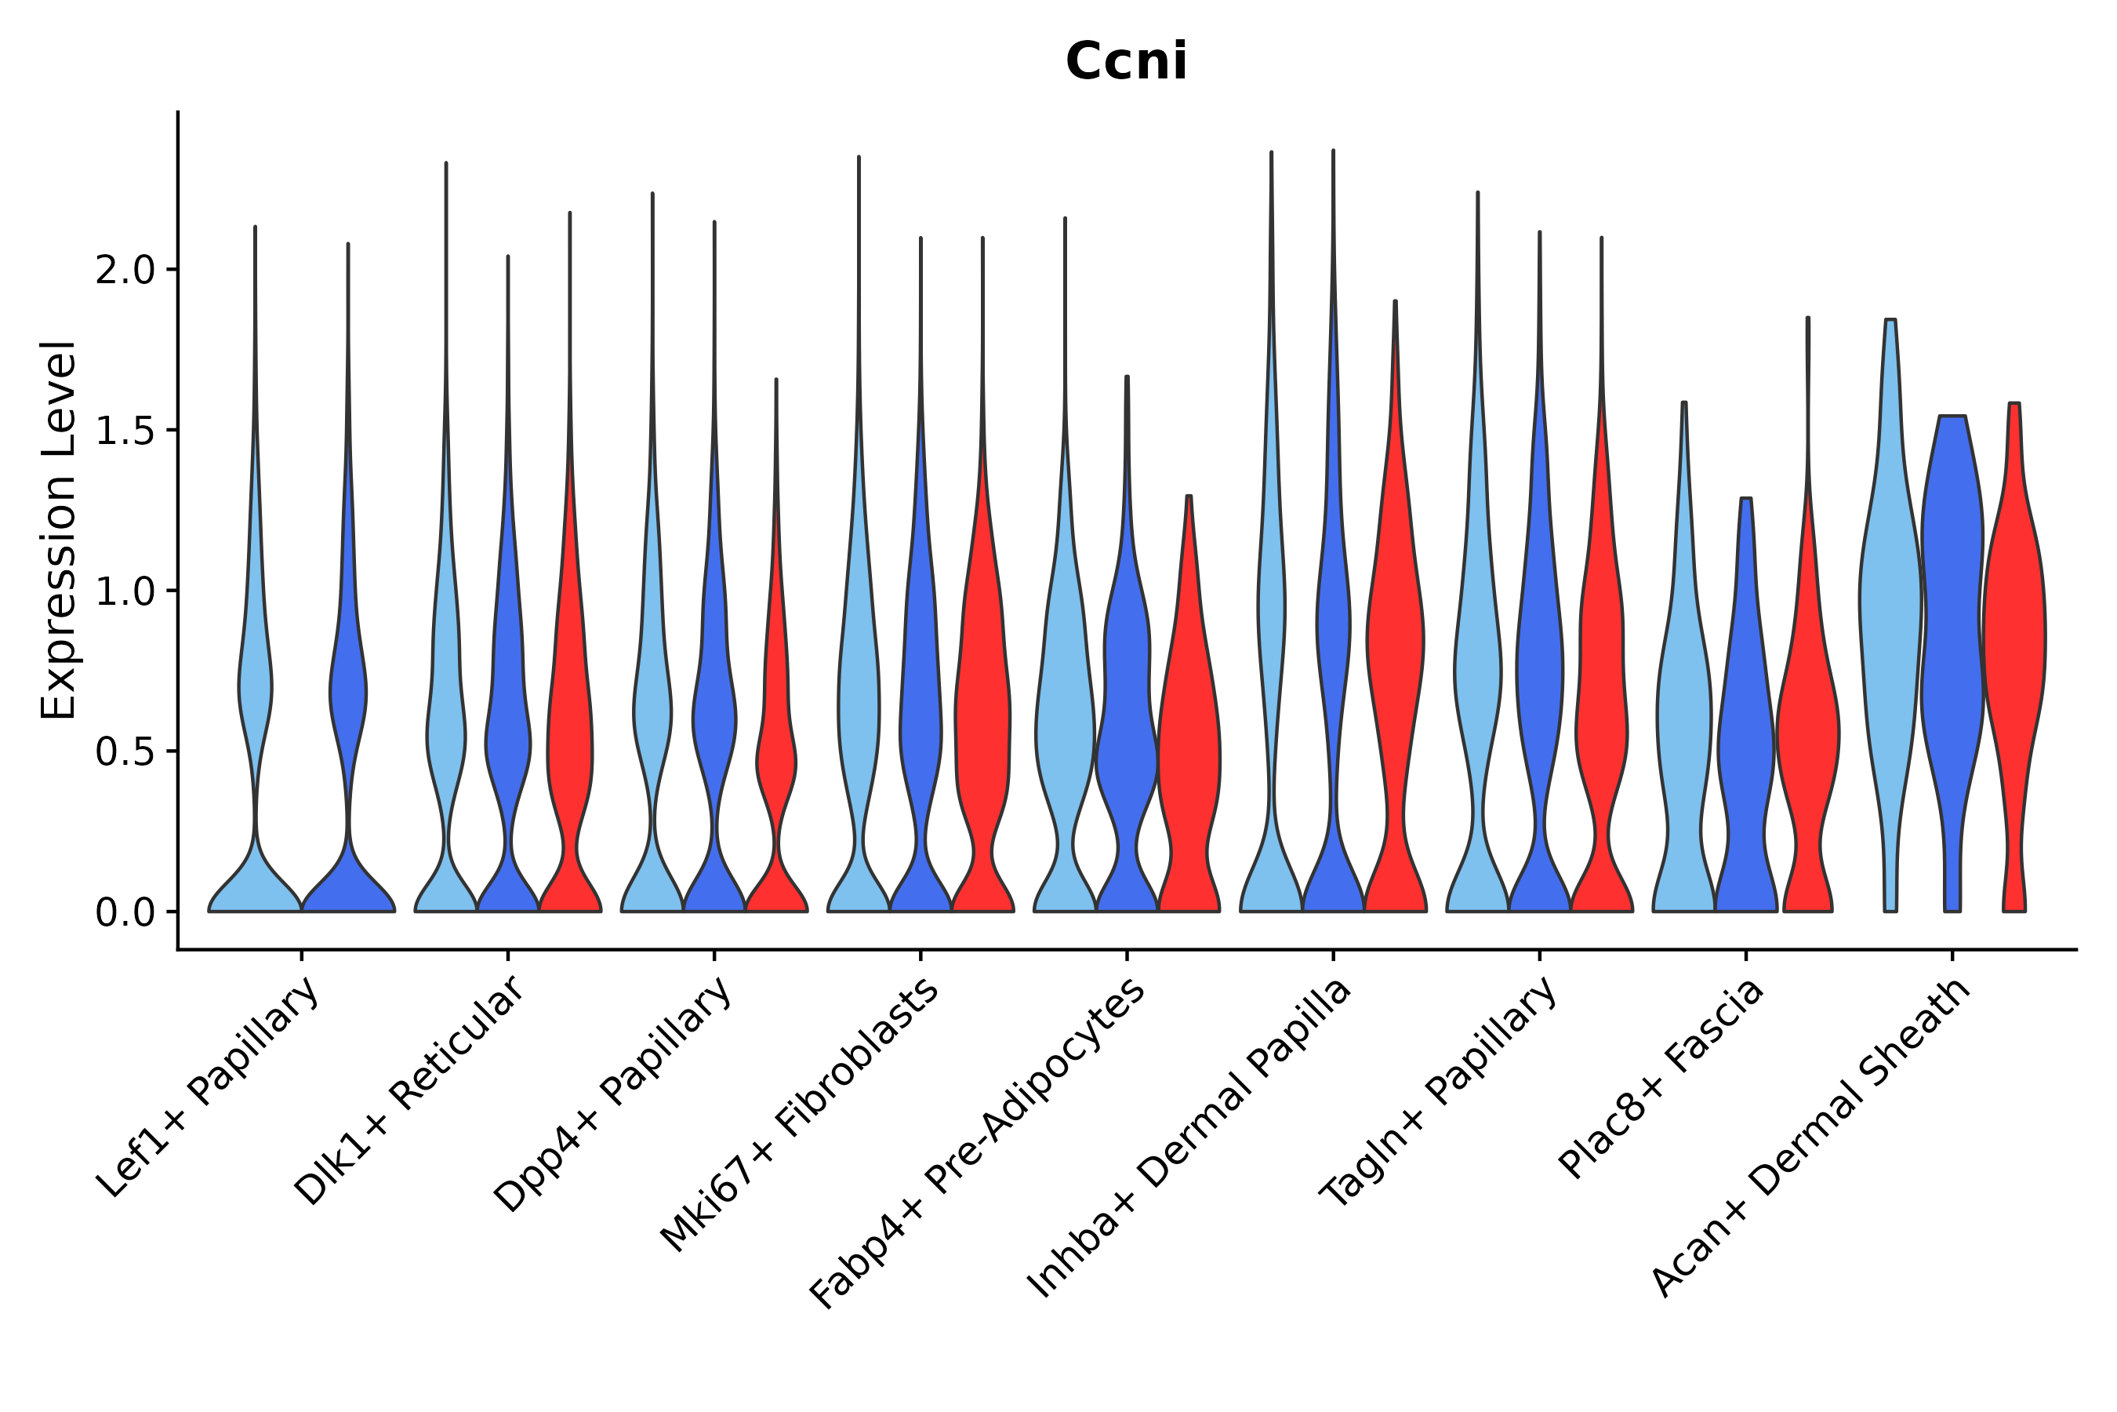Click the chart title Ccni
click(1125, 61)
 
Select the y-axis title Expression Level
click(59, 529)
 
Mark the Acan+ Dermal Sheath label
click(1811, 1138)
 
